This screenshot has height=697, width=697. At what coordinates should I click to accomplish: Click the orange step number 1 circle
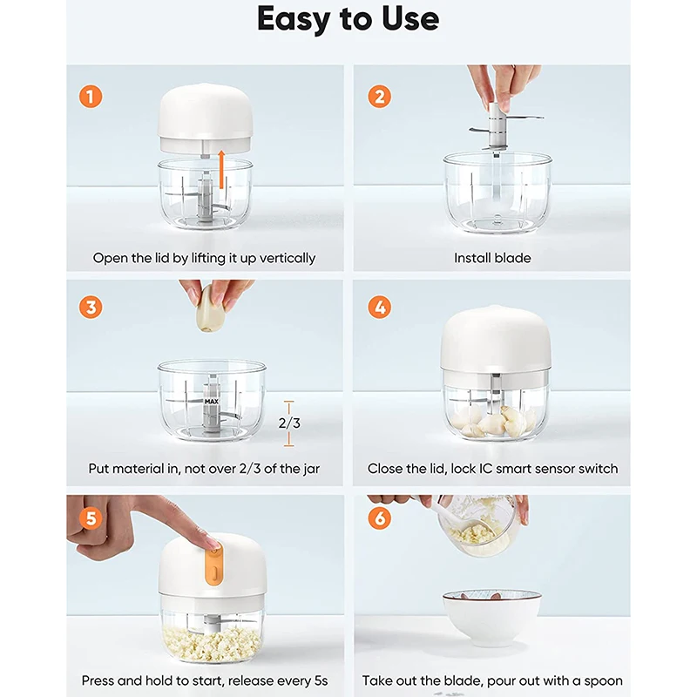[91, 97]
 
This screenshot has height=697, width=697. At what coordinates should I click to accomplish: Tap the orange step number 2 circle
[380, 97]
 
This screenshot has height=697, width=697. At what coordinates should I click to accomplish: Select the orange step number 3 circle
[91, 308]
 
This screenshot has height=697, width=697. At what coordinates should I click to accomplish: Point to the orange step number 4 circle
[380, 308]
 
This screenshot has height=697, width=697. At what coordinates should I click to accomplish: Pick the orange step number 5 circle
[91, 518]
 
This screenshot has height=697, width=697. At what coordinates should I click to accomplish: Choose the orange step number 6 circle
[380, 518]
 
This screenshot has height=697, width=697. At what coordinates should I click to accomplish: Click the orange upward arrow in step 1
[221, 169]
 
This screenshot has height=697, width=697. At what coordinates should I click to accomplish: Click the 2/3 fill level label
[289, 423]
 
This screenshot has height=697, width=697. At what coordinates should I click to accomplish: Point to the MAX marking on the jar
[212, 401]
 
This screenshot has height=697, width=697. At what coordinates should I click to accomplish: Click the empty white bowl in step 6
[491, 618]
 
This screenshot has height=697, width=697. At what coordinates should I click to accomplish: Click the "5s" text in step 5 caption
[320, 680]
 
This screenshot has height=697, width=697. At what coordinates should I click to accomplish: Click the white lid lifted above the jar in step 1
[206, 118]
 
